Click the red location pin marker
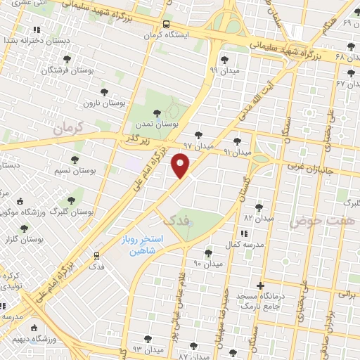(x=181, y=166)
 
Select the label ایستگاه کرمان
(x=166, y=34)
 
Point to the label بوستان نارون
(x=104, y=103)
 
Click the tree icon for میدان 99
(x=224, y=60)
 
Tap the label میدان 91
(x=237, y=152)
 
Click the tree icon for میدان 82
(x=258, y=207)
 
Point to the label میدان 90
(x=207, y=264)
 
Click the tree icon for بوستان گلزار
(x=24, y=229)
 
